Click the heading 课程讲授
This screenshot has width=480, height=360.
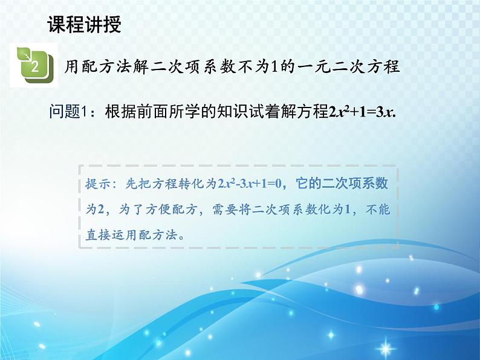coord(83,24)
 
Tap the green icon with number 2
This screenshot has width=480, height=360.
coord(34,65)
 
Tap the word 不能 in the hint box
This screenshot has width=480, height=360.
coord(383,210)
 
